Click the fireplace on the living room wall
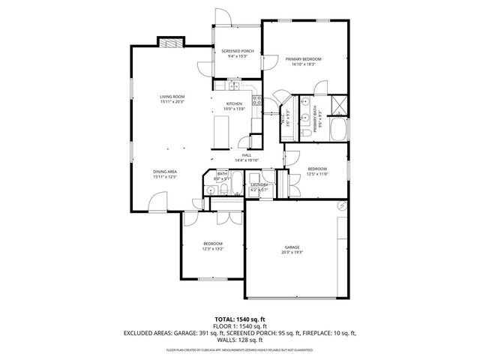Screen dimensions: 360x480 click(x=169, y=42)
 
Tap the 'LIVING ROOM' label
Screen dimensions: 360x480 click(x=172, y=97)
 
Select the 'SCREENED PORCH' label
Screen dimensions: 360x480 click(x=237, y=51)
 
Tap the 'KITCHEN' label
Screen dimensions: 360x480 click(x=234, y=103)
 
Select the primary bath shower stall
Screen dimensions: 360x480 click(x=337, y=104)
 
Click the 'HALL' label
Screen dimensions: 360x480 click(x=246, y=154)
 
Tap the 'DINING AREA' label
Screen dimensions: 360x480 click(x=164, y=171)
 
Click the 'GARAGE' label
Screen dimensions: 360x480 click(x=292, y=247)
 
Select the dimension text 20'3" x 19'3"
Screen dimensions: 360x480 click(x=292, y=253)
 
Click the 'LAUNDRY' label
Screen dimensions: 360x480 click(x=259, y=184)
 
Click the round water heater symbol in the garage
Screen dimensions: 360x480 click(x=342, y=205)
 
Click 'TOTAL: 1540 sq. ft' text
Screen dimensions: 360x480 click(x=239, y=319)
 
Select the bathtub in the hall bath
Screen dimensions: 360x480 click(x=236, y=183)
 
